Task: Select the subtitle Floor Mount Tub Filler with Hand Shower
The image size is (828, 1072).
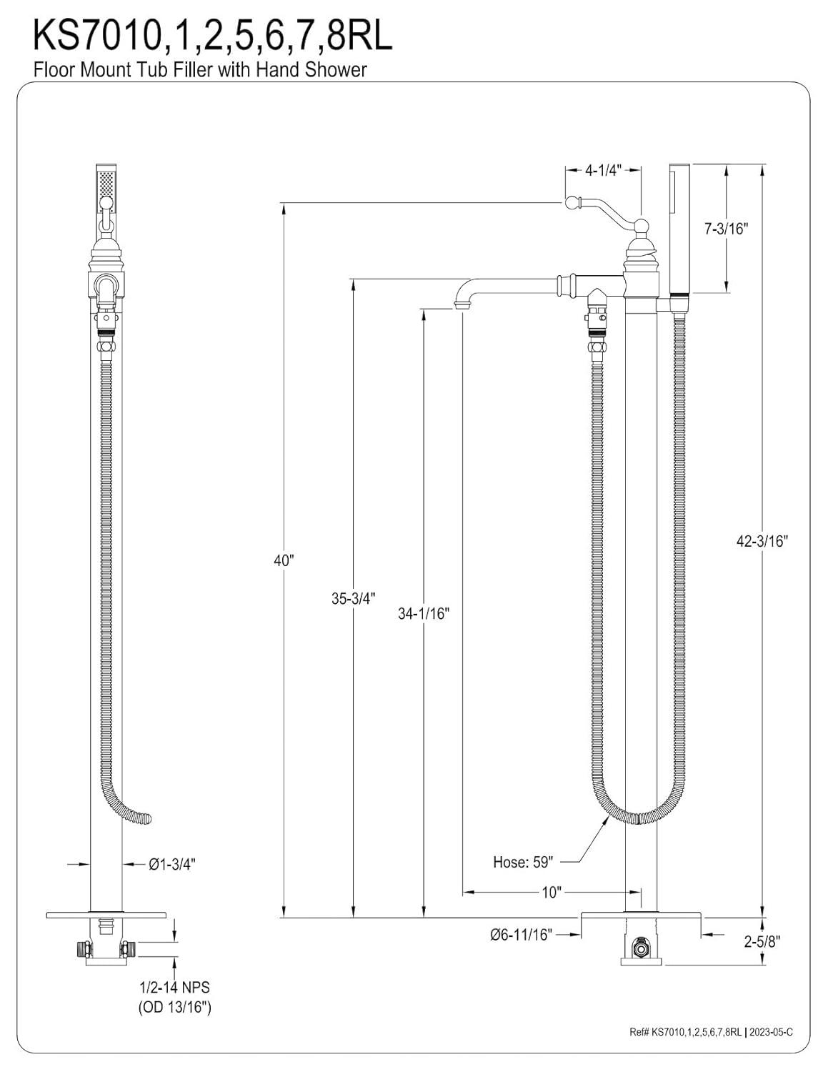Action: tap(200, 69)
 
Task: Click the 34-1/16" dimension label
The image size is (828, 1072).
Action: tap(424, 613)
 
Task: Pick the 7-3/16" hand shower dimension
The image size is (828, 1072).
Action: tap(725, 229)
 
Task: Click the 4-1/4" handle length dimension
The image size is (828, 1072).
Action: tap(603, 170)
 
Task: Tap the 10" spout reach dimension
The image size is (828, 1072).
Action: tap(552, 892)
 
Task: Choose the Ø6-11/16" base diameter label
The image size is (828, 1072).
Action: tap(521, 934)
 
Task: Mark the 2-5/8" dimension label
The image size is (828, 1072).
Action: tap(762, 941)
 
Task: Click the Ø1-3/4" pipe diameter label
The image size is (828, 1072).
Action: tap(172, 864)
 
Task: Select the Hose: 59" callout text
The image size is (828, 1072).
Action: tap(523, 862)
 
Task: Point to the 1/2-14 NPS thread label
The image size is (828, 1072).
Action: tap(174, 988)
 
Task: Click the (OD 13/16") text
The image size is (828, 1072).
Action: tap(174, 1008)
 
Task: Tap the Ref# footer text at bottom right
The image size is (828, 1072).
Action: tap(712, 1031)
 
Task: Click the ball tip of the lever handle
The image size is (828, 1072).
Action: tap(572, 202)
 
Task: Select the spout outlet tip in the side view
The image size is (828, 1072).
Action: tap(462, 307)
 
